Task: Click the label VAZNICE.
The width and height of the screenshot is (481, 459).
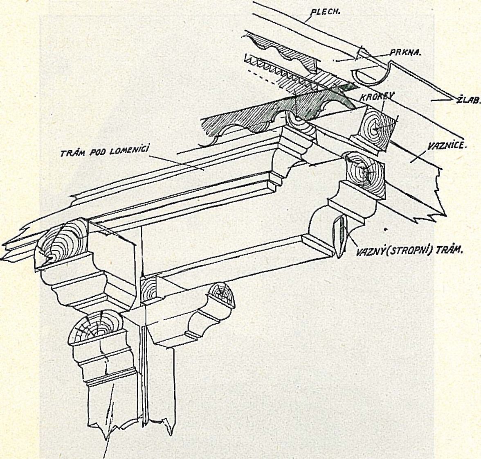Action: click(447, 145)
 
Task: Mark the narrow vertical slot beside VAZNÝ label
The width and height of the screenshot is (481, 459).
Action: click(338, 235)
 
